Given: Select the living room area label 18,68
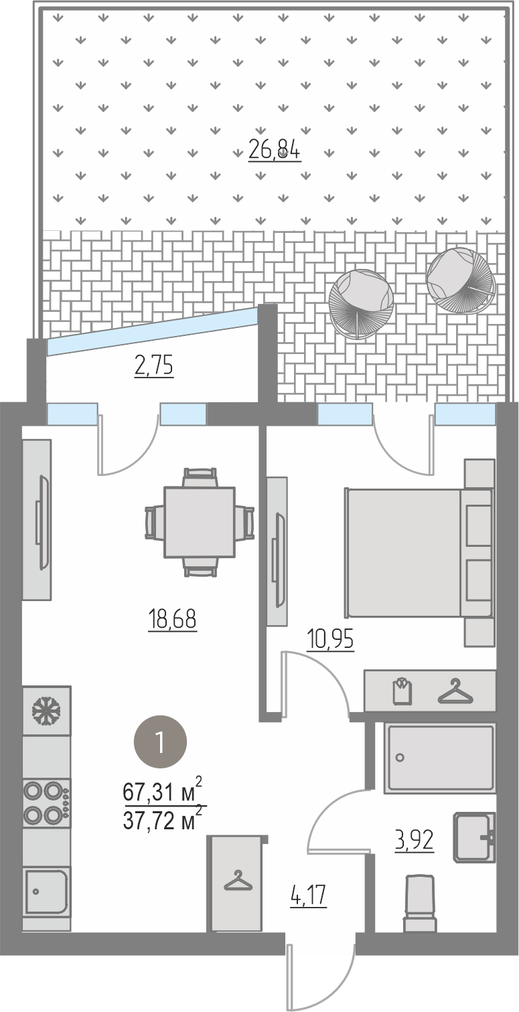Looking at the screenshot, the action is [172, 618].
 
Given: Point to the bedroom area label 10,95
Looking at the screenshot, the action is [330, 639].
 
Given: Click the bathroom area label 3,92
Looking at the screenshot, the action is [415, 841].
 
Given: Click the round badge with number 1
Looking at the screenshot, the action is [161, 742].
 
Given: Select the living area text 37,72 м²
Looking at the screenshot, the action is [163, 821].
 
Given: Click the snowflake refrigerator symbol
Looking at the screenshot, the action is [46, 711].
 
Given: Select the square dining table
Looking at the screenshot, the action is [200, 522].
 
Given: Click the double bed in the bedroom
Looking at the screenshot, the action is [419, 553].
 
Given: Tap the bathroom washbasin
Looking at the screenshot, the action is [474, 837].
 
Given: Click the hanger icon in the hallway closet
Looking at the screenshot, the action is [237, 880].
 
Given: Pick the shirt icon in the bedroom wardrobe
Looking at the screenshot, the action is [403, 690].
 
